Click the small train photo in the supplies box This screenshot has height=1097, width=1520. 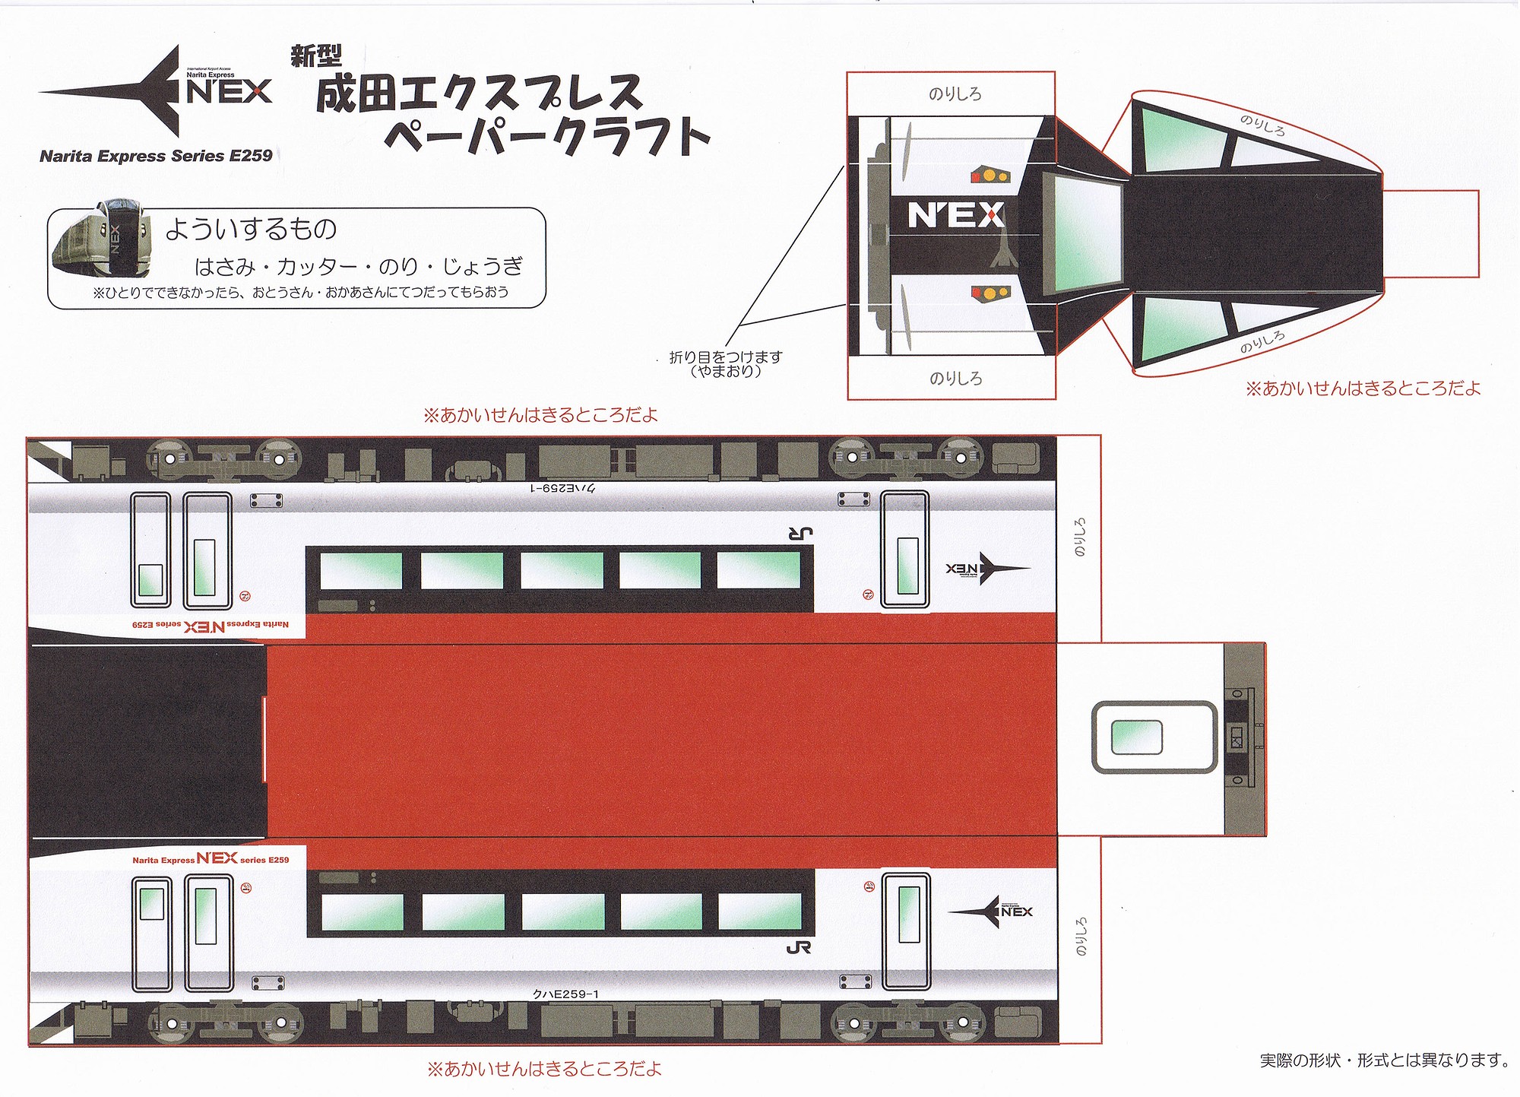pos(101,239)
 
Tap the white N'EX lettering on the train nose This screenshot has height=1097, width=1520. pos(956,216)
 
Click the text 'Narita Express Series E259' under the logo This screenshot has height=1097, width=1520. pos(156,156)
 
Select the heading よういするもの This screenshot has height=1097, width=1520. pos(251,228)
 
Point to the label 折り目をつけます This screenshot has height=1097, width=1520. pos(725,357)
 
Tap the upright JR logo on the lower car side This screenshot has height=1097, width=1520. pos(799,947)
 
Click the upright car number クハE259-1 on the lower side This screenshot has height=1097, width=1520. pos(566,994)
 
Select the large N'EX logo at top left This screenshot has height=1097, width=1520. pos(156,91)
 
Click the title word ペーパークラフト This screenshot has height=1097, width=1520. pos(547,137)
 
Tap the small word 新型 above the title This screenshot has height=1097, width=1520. pos(316,55)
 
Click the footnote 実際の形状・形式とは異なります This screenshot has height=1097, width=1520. pos(1383,1059)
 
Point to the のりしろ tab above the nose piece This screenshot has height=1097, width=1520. pos(955,94)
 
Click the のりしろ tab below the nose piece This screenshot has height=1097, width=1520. pos(955,378)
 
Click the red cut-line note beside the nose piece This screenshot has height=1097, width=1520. pos(1363,388)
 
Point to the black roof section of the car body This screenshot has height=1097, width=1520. pos(148,741)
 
